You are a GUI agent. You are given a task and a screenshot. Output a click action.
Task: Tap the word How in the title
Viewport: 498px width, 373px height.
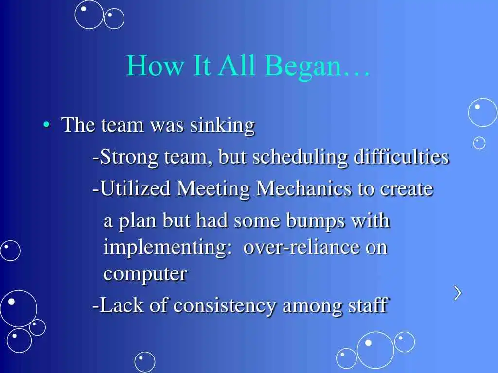155,65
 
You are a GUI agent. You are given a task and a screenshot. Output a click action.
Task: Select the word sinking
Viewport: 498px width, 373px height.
222,125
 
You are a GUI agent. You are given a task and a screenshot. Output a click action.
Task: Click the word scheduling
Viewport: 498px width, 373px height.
300,157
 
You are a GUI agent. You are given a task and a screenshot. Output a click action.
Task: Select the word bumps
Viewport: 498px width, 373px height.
315,221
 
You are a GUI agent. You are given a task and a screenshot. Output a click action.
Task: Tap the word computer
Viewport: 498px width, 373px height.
145,274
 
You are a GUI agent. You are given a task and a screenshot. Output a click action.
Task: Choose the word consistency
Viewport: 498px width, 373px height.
225,306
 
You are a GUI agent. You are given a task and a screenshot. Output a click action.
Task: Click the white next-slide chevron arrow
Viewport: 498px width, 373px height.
457,293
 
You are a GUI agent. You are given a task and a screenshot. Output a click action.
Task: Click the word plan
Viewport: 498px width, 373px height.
137,221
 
